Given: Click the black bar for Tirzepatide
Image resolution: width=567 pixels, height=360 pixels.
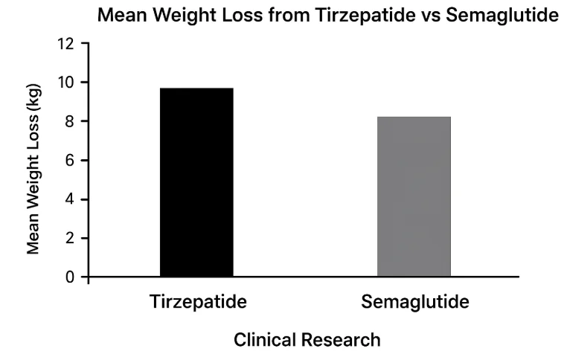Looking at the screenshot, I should (196, 183).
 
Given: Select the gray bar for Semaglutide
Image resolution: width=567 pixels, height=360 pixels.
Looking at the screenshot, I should (414, 197).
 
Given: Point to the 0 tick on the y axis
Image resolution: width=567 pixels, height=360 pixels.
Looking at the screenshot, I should (70, 277).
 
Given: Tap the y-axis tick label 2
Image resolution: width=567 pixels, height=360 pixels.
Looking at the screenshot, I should (70, 239).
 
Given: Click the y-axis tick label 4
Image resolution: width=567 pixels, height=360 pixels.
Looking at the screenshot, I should (70, 199).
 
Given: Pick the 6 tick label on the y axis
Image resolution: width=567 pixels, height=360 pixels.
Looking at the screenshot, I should (70, 161).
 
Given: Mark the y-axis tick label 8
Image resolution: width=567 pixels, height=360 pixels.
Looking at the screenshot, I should (70, 121).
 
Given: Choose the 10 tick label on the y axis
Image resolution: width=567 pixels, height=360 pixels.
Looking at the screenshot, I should (66, 82).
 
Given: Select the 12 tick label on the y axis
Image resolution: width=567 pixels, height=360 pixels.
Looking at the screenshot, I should (66, 43).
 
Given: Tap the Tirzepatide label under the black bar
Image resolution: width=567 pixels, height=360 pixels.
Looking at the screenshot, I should (198, 303).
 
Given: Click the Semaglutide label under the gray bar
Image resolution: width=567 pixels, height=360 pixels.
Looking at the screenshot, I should (415, 303).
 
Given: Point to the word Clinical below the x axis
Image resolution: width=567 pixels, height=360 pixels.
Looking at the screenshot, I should (265, 341).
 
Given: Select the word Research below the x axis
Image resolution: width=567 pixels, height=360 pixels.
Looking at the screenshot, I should (341, 341).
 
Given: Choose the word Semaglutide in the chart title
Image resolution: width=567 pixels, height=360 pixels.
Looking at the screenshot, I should (503, 14).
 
